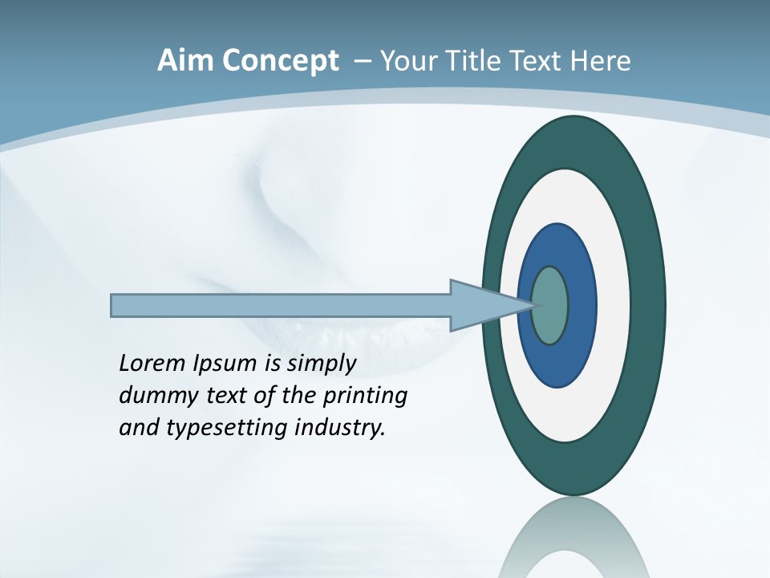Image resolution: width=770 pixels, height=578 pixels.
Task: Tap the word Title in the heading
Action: pos(474,61)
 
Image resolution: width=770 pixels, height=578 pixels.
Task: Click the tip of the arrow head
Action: pos(533,305)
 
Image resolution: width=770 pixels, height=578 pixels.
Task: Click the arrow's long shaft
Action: pos(281,306)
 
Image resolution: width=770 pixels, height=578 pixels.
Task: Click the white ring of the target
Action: pos(614,305)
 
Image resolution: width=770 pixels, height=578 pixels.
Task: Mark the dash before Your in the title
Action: pos(361,61)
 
